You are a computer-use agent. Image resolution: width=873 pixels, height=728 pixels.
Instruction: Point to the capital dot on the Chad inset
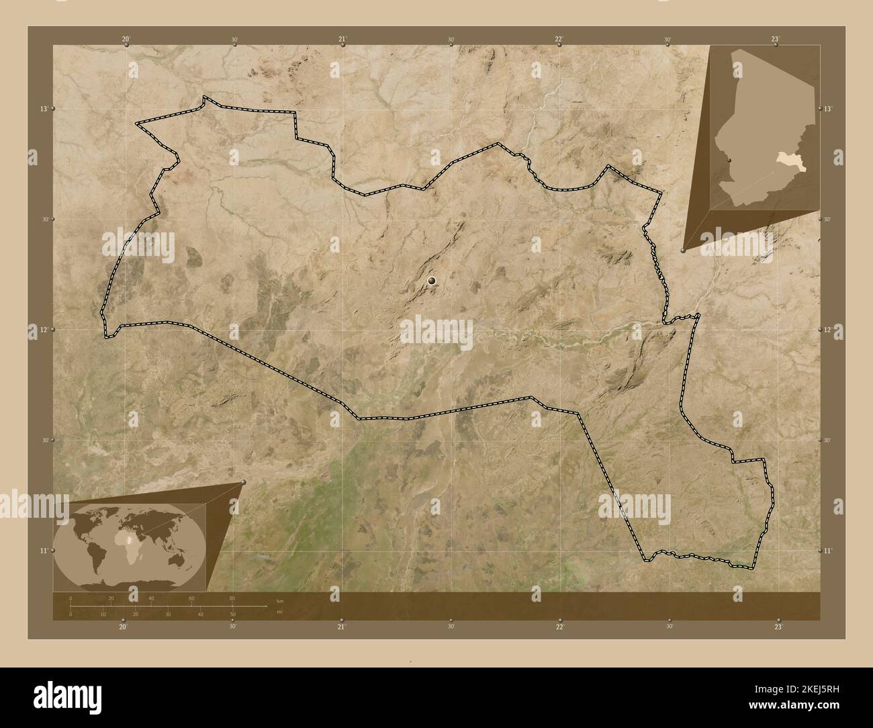pos(729,161)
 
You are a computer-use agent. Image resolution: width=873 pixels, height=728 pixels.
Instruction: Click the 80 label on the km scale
pos(232,598)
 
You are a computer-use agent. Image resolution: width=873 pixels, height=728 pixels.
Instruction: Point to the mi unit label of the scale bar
pos(279,612)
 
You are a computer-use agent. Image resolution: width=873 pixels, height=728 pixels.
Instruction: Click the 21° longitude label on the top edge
pos(342,39)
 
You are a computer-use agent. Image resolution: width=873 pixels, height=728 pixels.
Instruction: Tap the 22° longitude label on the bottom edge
pos(559,627)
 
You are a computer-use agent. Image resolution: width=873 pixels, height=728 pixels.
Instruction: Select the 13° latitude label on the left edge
pos(44,108)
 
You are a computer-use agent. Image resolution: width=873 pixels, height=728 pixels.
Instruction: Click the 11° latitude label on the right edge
pos(828,550)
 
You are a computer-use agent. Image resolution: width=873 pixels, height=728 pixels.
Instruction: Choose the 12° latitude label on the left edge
pos(44,329)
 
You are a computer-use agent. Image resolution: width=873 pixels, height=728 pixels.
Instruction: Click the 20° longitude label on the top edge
pos(126,39)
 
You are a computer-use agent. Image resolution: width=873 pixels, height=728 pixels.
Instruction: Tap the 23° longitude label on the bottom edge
pos(778,627)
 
